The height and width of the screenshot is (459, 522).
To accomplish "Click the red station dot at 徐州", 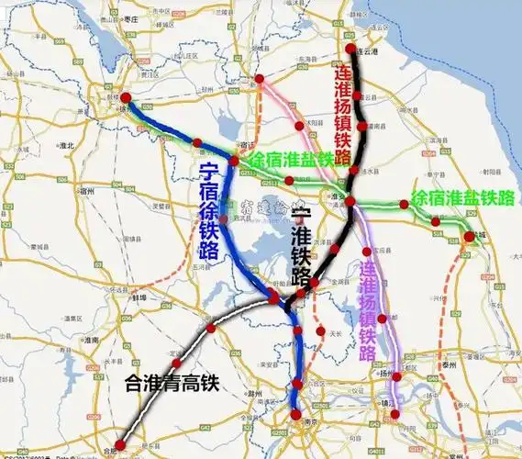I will point(125,98).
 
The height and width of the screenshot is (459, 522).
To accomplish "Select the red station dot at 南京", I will point(296,415).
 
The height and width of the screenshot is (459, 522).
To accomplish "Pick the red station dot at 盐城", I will point(470,237).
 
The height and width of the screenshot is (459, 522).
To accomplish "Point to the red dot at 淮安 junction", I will point(350,201).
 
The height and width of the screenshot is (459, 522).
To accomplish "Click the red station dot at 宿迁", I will point(234,162).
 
